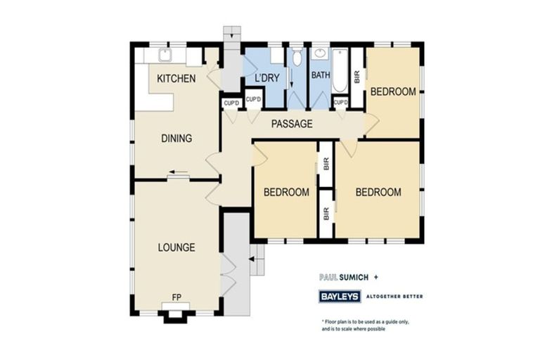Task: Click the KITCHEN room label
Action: pos(176,78)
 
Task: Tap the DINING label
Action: pos(176,138)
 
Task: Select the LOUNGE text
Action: pos(176,247)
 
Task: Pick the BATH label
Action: pos(321,75)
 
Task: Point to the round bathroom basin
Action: pos(320,53)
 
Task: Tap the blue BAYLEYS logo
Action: pos(340,296)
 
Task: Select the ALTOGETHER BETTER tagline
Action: pos(394,296)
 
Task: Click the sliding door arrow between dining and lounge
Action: pos(177,174)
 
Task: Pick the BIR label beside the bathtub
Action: pos(356,77)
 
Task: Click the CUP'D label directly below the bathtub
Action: pos(340,103)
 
